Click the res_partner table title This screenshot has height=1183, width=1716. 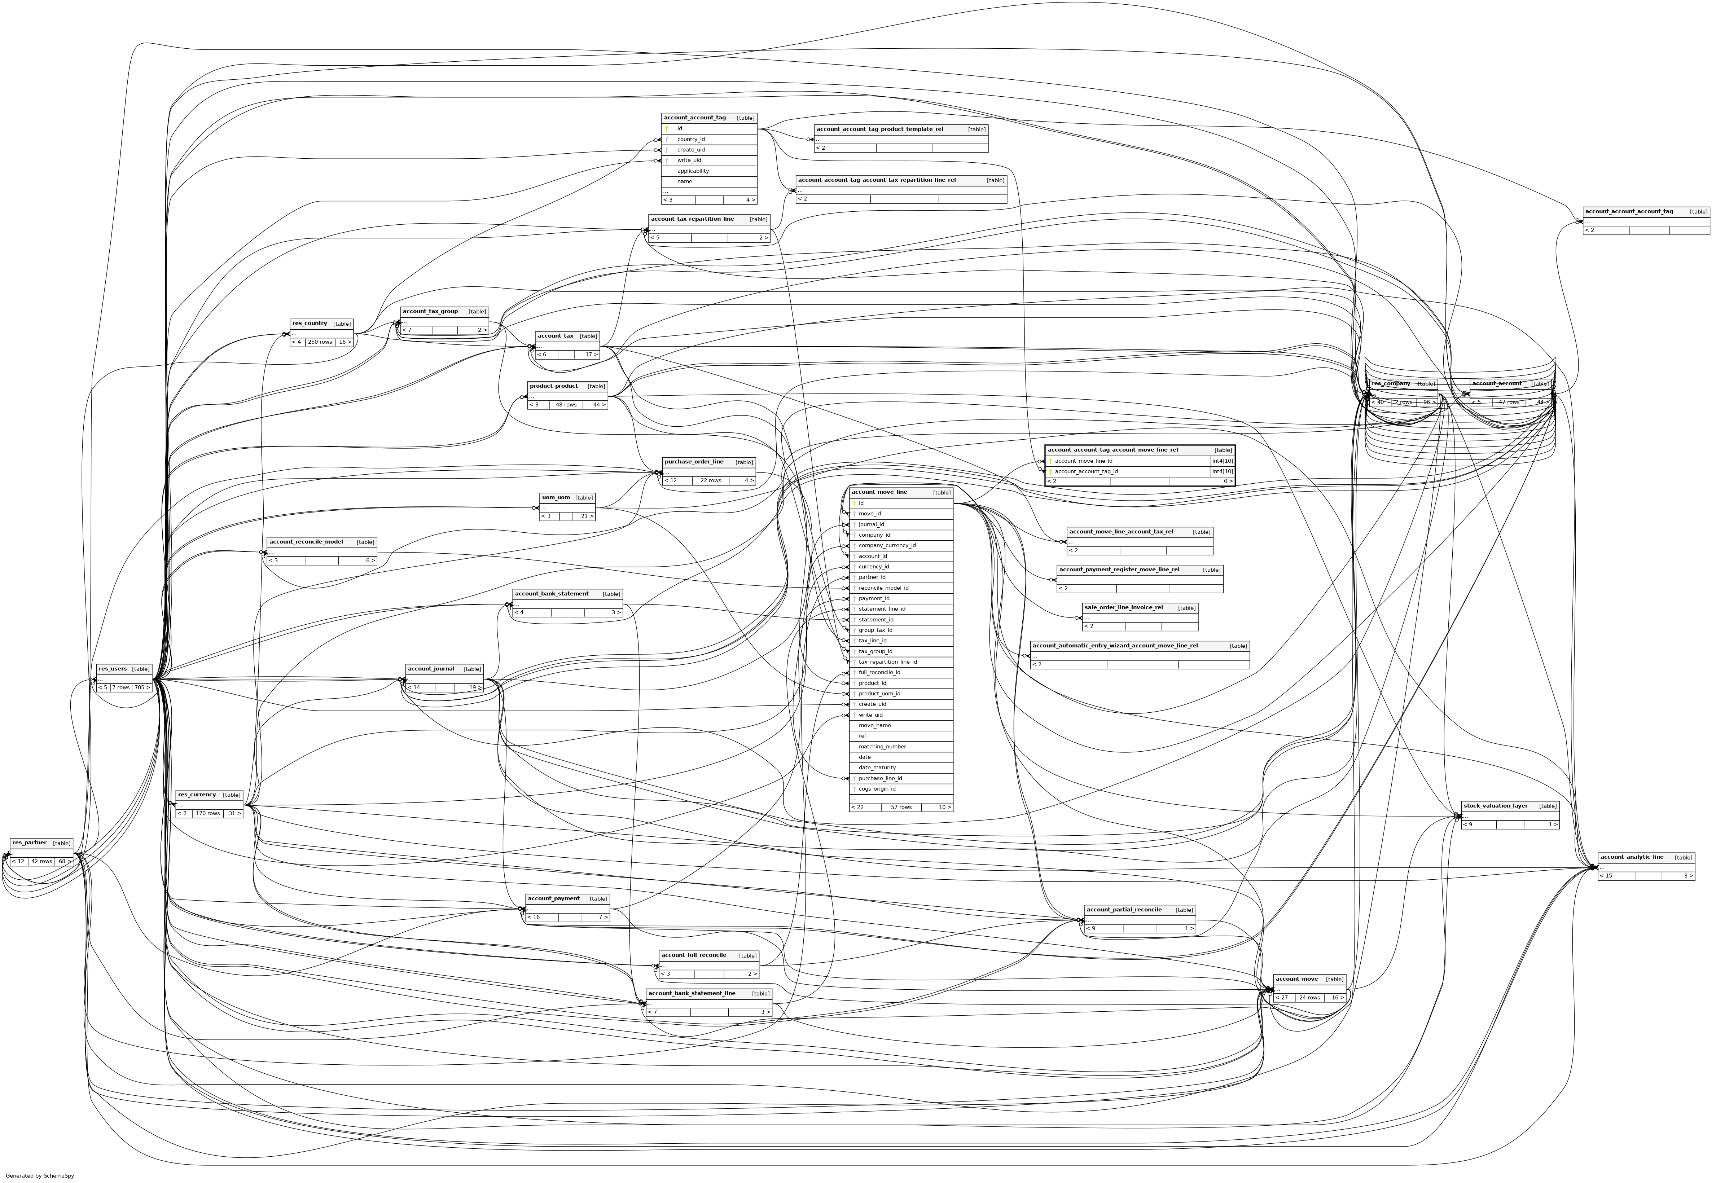[x=30, y=843]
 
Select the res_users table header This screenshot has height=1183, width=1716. [x=113, y=669]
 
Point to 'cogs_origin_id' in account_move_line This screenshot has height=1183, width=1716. [x=877, y=789]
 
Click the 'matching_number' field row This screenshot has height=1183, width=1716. [x=882, y=747]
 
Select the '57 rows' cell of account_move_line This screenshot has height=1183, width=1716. [x=901, y=807]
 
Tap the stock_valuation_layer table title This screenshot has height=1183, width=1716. [x=1495, y=806]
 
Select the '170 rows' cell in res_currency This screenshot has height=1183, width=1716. [x=207, y=813]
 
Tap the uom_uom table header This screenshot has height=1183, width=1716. [x=555, y=497]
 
